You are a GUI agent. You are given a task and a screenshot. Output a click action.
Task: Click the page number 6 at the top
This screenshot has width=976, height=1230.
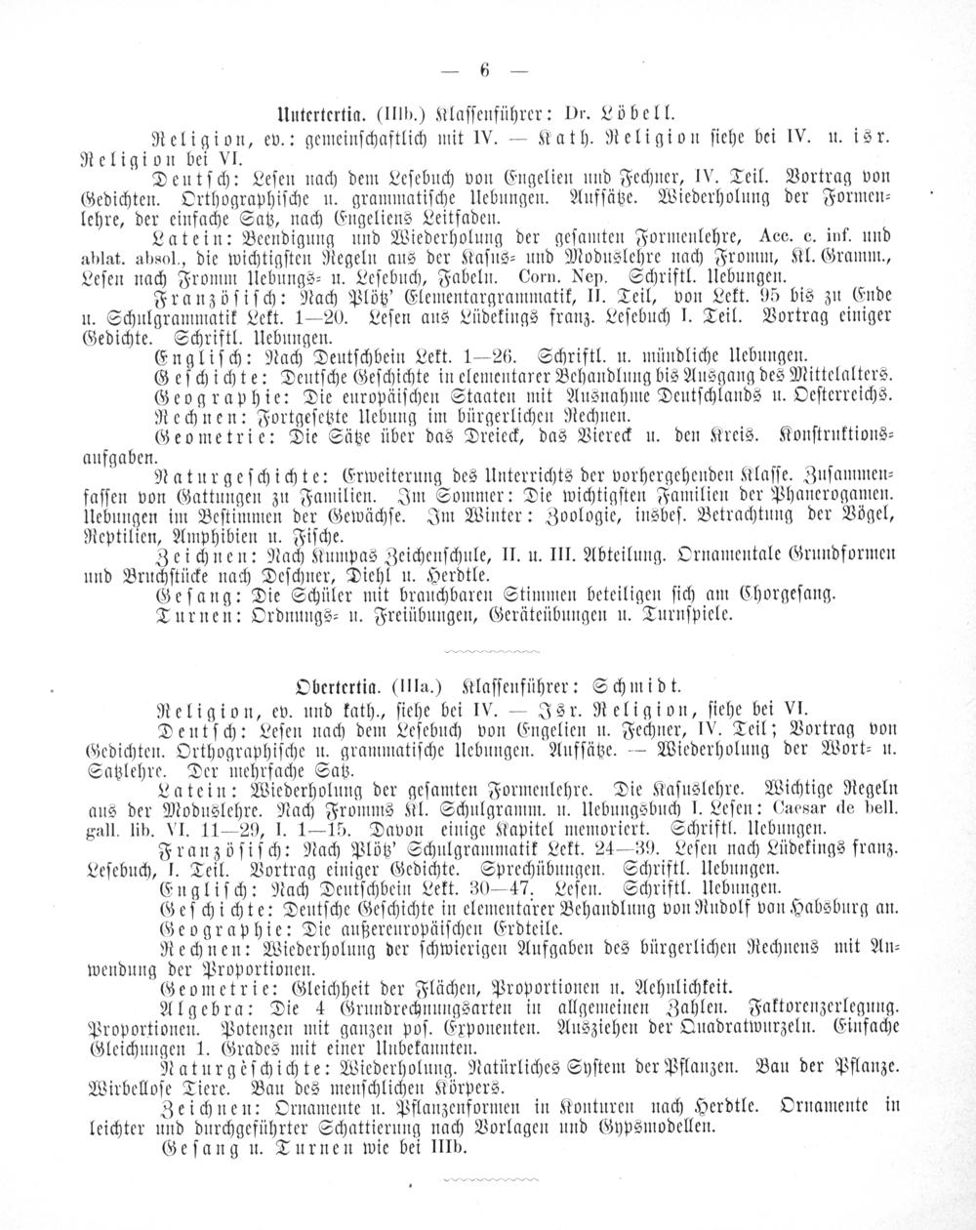[x=483, y=69]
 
